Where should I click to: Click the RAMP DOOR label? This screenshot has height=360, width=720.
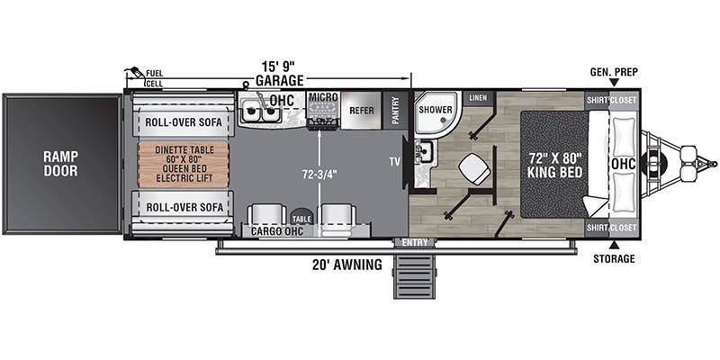click(60, 164)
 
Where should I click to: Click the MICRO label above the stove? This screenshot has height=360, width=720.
click(323, 97)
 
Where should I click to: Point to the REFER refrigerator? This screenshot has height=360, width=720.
click(362, 111)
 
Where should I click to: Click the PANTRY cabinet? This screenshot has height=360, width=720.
click(395, 111)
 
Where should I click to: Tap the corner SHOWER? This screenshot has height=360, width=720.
click(436, 113)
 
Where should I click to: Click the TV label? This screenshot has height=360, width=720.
click(392, 161)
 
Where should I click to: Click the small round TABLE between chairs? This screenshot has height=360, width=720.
click(301, 217)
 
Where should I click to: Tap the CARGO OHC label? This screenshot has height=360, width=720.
click(277, 231)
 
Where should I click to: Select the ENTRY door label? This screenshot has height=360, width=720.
click(415, 242)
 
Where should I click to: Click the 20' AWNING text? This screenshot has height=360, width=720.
click(346, 265)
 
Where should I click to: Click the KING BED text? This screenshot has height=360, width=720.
click(554, 173)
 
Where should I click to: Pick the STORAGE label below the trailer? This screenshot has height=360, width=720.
click(614, 259)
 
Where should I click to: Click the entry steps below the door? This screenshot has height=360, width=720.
click(414, 275)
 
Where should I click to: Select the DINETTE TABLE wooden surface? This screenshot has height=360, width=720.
click(184, 164)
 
